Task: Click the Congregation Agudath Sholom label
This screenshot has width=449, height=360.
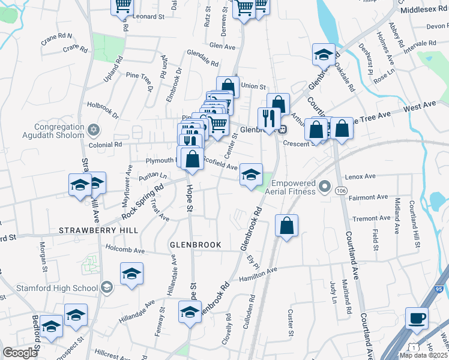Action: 50,131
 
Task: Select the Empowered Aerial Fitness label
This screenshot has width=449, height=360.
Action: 294,187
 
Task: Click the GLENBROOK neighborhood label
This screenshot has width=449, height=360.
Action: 196,245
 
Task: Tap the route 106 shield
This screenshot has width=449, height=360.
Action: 342,190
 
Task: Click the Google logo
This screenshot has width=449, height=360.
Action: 20,353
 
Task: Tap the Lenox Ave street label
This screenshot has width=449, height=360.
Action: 361,177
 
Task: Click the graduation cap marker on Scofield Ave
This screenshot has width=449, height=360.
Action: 252,175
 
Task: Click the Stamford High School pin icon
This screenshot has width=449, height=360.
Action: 106,288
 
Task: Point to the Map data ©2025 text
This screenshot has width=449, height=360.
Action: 424,355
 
